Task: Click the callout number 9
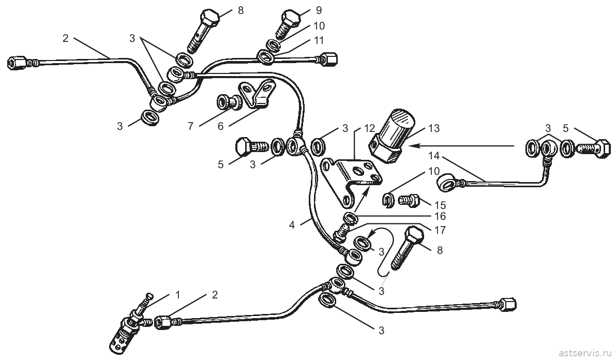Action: click(x=319, y=10)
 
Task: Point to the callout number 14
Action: click(x=434, y=156)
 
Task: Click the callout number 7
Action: click(x=190, y=126)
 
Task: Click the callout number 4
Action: click(x=292, y=225)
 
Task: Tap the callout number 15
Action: click(x=440, y=205)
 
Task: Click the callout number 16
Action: click(x=440, y=216)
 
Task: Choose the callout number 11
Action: click(x=319, y=40)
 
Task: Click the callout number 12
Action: click(x=369, y=128)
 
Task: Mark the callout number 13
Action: click(x=434, y=128)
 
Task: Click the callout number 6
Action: click(x=220, y=126)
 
